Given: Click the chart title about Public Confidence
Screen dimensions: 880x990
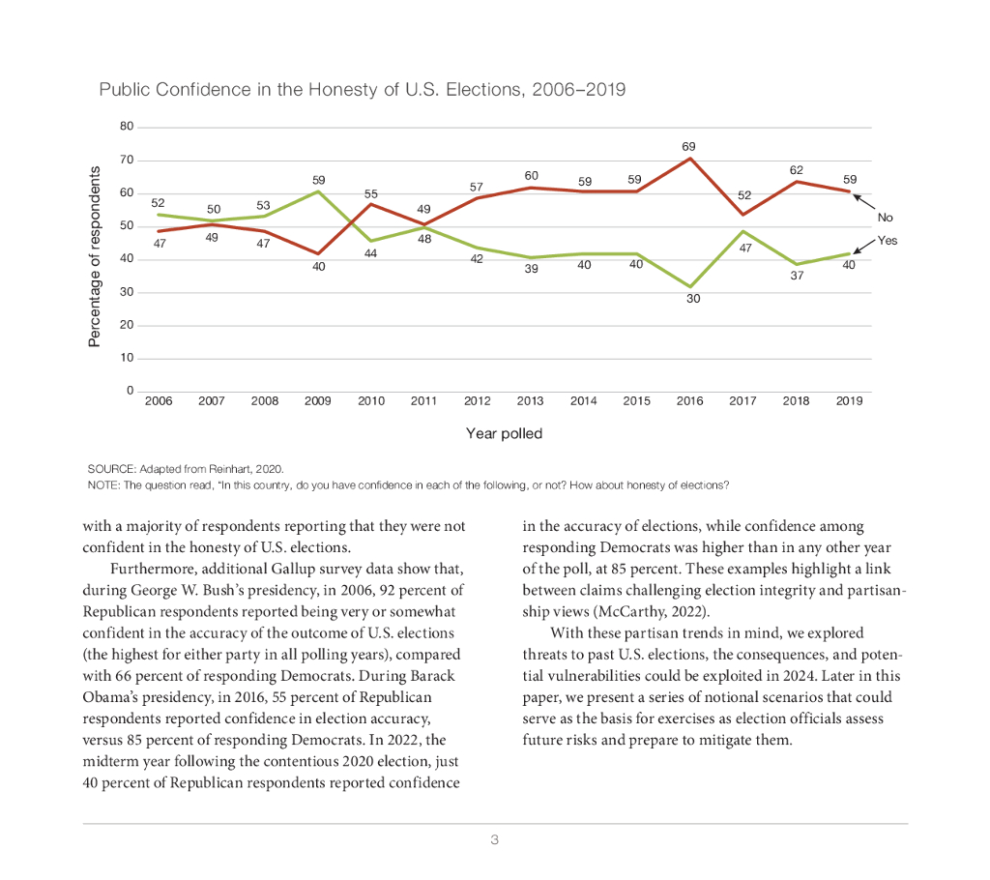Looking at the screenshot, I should [362, 90].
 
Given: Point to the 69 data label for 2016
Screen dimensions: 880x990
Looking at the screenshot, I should [688, 146].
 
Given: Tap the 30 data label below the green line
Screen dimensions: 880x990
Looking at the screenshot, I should [693, 300].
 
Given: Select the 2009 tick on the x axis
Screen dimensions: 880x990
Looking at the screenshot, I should [318, 400].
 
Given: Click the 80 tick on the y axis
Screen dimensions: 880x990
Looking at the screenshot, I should [127, 127].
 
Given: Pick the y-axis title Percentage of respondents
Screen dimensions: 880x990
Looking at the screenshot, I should [95, 257].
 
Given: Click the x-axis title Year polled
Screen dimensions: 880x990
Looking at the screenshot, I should [504, 433].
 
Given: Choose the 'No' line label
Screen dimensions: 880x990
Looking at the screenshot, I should [885, 218].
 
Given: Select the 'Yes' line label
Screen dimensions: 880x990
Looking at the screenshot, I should [887, 240].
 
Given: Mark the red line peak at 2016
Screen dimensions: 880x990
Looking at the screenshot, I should [688, 158].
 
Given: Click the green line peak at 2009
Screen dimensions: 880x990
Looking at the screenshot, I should [318, 191].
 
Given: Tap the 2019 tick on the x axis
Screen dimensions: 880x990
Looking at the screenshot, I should [849, 400].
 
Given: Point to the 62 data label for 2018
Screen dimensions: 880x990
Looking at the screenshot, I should [796, 169].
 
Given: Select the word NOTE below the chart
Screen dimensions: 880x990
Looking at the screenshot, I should [102, 484].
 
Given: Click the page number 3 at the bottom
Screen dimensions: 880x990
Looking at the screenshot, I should [494, 839].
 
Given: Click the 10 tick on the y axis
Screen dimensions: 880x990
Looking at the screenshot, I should [127, 358].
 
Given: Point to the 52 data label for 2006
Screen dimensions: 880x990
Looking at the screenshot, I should [159, 203].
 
